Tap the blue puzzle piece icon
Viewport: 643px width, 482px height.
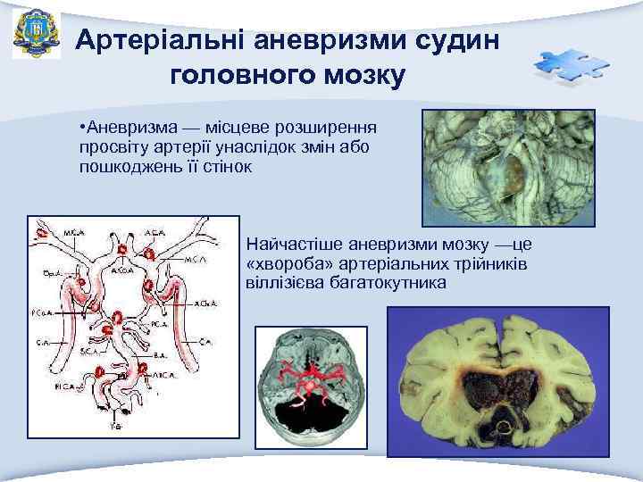point(572,68)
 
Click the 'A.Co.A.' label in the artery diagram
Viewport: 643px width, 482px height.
point(123,270)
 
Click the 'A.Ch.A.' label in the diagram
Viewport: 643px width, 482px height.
point(202,303)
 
